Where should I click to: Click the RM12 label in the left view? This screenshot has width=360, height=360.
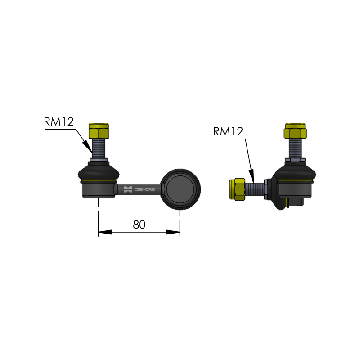(59, 121)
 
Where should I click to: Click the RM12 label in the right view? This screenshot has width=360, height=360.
(228, 131)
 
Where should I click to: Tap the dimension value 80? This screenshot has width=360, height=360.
(139, 225)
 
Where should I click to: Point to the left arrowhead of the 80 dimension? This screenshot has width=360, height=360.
(105, 232)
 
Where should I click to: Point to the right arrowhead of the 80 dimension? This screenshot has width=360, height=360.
(173, 232)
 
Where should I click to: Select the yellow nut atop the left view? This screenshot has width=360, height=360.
(99, 131)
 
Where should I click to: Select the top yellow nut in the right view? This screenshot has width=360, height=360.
(295, 131)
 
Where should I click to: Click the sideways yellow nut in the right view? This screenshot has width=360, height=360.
(238, 189)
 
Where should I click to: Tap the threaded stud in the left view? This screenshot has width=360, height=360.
(99, 148)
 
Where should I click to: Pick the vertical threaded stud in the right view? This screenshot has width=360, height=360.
(295, 148)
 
